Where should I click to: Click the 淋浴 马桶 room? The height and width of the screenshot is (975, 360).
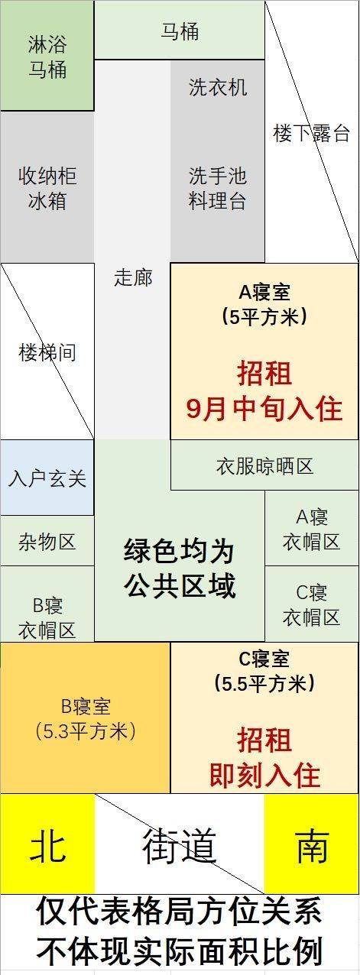click(47, 56)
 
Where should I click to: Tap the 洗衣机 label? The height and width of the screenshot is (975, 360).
click(218, 87)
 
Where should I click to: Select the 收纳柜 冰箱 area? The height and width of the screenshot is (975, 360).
click(47, 187)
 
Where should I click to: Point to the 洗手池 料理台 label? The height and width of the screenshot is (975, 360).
click(218, 188)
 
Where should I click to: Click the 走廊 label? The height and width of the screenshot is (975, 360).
click(133, 277)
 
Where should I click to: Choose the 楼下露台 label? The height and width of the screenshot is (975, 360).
click(312, 133)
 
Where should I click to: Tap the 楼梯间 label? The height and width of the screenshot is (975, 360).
click(47, 351)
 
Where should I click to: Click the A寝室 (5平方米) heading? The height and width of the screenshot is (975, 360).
click(264, 304)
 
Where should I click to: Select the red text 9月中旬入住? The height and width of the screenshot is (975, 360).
click(264, 409)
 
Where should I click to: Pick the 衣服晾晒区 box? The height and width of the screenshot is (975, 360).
click(264, 465)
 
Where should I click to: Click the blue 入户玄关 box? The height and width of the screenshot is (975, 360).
click(47, 478)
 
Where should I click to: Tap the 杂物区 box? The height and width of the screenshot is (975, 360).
click(47, 541)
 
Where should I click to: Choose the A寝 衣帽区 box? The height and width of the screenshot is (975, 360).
click(312, 529)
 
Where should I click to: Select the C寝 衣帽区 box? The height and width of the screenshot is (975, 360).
click(312, 604)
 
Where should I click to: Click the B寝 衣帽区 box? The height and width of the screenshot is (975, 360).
click(47, 604)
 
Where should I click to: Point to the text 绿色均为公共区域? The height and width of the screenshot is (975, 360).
click(180, 568)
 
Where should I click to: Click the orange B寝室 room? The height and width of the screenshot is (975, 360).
click(85, 717)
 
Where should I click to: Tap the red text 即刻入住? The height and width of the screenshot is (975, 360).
click(264, 776)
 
